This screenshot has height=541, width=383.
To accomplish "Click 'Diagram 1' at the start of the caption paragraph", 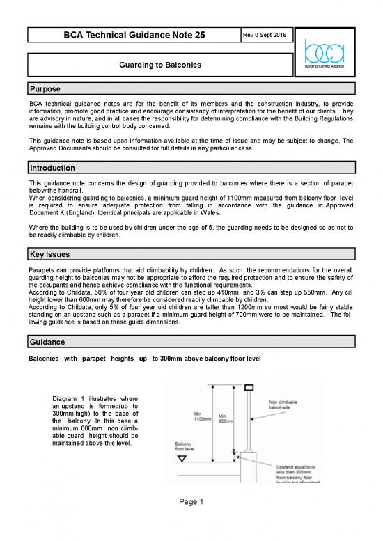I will coord(68,398).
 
